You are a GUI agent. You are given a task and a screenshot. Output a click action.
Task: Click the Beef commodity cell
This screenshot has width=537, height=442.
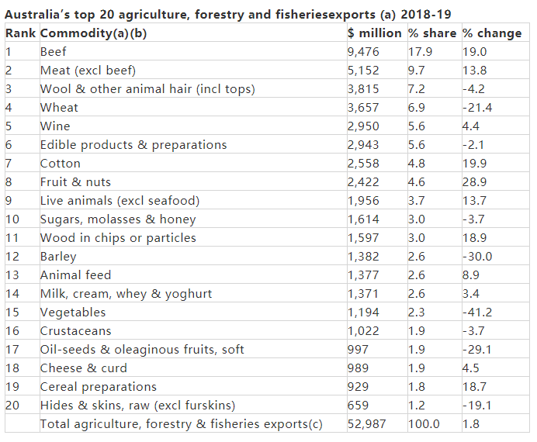[53, 52]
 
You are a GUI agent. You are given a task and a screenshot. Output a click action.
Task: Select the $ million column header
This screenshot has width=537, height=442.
[374, 33]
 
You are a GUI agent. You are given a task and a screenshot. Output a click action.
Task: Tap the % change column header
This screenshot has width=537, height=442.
[492, 33]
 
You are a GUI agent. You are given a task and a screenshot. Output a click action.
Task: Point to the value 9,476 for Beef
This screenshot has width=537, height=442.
[364, 52]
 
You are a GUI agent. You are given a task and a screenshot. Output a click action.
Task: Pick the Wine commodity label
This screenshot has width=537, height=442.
[55, 126]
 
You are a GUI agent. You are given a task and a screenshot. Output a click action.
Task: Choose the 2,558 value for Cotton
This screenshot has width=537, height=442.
[364, 164]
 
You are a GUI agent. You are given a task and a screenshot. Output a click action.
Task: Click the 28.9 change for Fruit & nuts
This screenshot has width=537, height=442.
[474, 182]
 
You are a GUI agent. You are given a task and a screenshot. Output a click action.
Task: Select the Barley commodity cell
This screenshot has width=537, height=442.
[58, 257]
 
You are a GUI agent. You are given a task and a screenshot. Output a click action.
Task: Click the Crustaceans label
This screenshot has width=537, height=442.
[76, 331]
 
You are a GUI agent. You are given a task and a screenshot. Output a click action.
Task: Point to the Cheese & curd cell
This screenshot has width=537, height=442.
[83, 368]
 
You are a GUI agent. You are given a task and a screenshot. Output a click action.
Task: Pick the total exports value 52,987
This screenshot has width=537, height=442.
[368, 424]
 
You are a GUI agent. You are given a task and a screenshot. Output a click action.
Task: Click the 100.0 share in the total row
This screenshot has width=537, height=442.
[424, 424]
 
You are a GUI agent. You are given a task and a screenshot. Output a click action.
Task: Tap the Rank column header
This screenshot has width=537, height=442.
[20, 33]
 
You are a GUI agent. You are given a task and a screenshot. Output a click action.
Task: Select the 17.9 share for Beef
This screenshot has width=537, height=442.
[421, 52]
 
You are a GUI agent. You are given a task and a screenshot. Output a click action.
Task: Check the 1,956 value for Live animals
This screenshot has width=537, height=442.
[364, 201]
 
